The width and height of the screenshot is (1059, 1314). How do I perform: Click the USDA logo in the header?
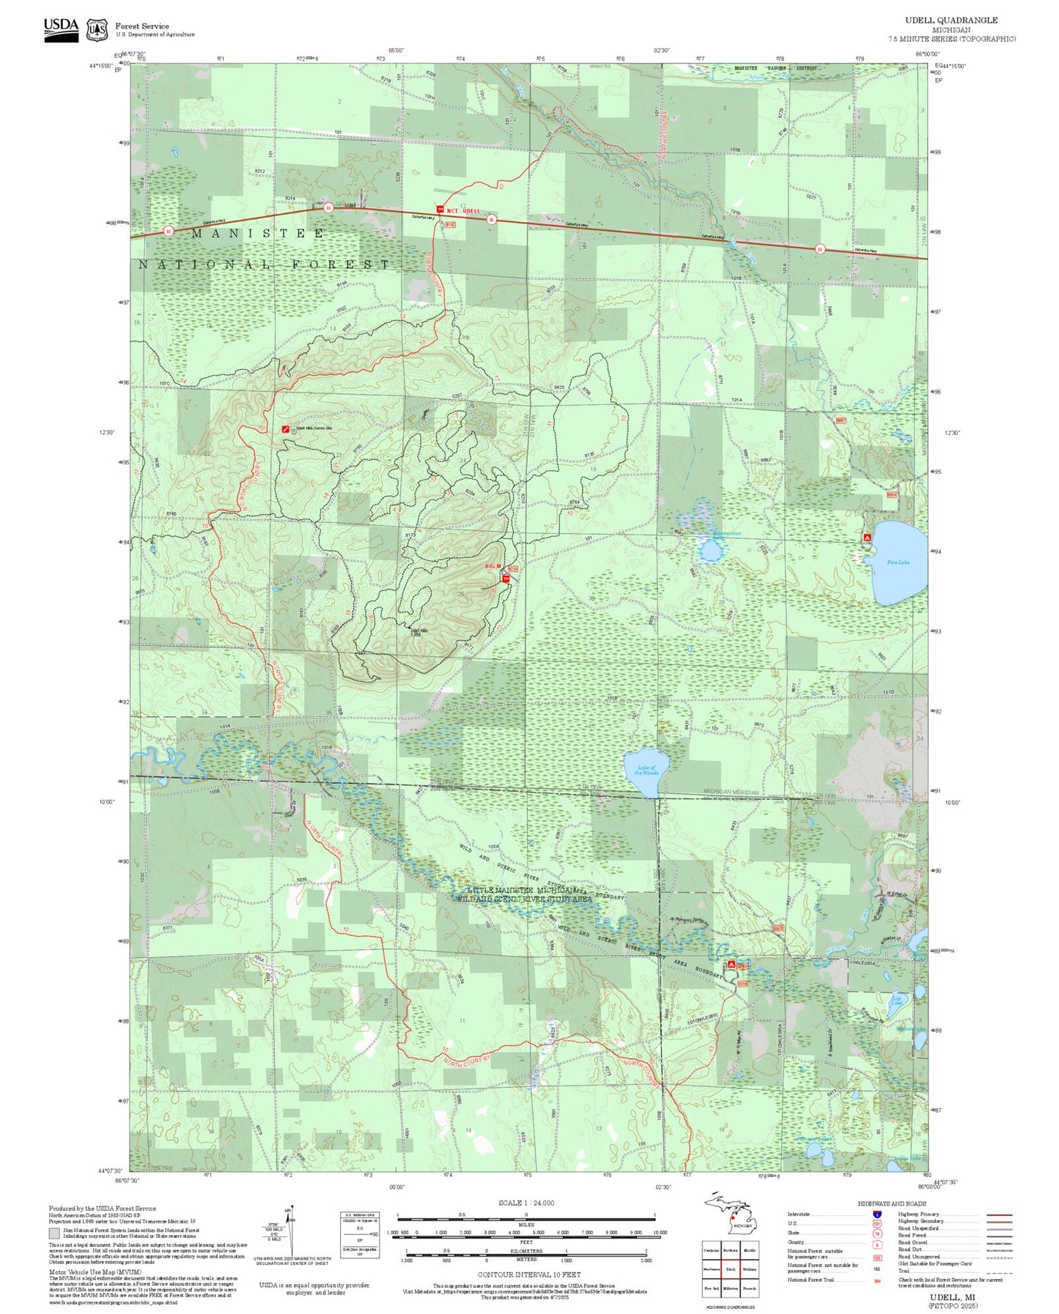(x=61, y=29)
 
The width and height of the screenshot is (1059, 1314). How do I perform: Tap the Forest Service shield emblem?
(x=97, y=30)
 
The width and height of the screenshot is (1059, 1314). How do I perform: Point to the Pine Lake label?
(x=898, y=562)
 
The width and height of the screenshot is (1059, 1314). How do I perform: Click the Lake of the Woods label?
(x=646, y=770)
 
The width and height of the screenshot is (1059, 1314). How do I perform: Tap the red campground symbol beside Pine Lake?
(x=867, y=537)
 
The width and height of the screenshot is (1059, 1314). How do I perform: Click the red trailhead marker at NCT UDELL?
(x=440, y=209)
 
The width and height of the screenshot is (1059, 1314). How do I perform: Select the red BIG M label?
(x=493, y=566)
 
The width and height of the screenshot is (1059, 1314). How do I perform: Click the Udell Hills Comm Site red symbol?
(x=285, y=428)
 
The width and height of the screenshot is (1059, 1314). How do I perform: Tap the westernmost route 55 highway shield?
(x=169, y=231)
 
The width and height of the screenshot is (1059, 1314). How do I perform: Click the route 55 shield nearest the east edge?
(x=820, y=248)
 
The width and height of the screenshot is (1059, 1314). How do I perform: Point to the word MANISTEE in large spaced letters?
(x=258, y=234)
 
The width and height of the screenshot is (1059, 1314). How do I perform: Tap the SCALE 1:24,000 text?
(x=525, y=1203)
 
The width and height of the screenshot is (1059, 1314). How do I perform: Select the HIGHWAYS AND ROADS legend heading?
(x=891, y=1203)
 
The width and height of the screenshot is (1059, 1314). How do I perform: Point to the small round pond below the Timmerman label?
(x=709, y=551)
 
